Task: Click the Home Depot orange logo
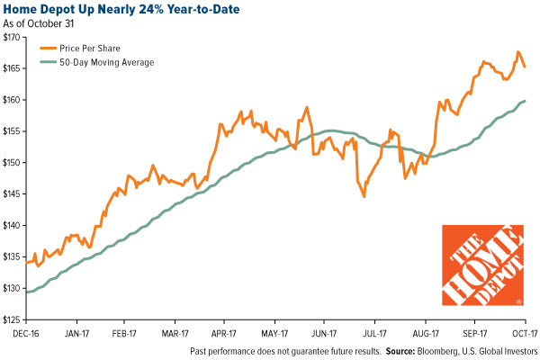(x=482, y=264)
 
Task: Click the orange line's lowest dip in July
(x=364, y=196)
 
